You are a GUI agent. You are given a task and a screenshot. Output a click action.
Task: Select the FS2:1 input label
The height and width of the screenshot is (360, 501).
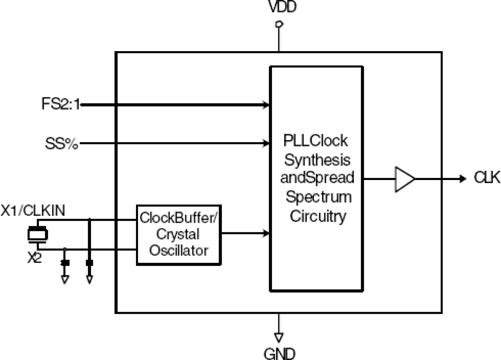[61, 105]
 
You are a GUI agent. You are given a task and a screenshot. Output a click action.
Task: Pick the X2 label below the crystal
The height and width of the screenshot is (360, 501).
[34, 259]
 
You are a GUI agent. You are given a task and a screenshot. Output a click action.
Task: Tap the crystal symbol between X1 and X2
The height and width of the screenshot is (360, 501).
[37, 235]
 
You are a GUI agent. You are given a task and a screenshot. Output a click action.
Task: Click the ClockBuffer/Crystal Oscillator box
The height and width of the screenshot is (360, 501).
[179, 235]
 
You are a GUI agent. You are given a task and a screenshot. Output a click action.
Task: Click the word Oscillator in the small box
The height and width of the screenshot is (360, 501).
[179, 251]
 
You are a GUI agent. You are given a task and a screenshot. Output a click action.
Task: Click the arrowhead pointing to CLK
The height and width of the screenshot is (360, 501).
[462, 179]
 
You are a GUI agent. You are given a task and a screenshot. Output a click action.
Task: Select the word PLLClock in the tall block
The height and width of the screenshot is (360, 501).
[315, 141]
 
